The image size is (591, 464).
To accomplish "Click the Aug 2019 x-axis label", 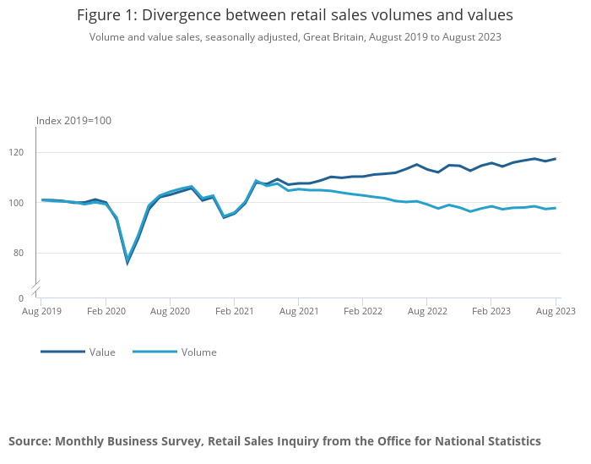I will click(41, 311).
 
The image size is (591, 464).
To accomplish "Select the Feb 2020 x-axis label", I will click(106, 311).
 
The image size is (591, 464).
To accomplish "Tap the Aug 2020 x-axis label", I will click(170, 311).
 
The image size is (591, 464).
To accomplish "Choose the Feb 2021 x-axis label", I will click(234, 311).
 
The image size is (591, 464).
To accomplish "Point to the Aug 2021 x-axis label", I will click(298, 311).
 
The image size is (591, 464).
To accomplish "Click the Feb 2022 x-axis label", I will click(362, 311).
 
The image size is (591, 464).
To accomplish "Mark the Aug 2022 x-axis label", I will click(426, 311).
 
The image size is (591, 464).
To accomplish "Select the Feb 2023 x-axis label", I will click(491, 311).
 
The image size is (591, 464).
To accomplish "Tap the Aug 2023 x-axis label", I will click(555, 311).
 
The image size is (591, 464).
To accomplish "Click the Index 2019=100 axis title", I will click(73, 121).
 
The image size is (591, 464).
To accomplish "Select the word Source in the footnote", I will click(30, 441).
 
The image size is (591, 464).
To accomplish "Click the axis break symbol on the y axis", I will click(36, 287).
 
